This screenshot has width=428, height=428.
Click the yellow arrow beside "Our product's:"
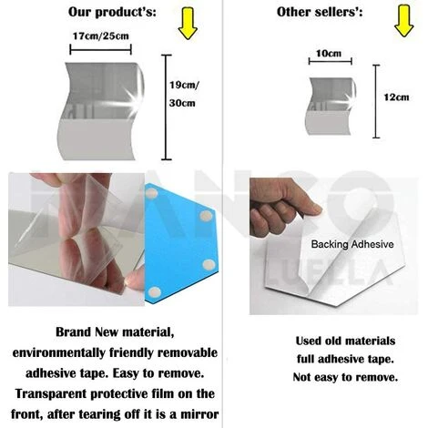point(188,24)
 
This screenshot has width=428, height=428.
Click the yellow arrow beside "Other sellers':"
point(404,21)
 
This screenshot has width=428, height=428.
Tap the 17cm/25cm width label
point(101,36)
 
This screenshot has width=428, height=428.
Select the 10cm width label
point(329,54)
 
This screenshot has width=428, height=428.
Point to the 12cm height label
point(396,97)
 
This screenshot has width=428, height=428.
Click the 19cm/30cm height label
point(184,94)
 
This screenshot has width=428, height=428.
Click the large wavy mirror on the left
point(101,111)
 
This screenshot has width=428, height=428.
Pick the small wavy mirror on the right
point(331,106)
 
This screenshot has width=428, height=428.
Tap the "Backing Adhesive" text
point(352,244)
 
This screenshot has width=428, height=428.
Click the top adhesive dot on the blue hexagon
point(151,193)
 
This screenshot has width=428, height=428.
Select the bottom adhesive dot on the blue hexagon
point(154,292)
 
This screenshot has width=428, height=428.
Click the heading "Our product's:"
point(112,13)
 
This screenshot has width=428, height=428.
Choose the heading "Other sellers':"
point(320,12)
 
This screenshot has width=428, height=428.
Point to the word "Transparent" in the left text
point(51,393)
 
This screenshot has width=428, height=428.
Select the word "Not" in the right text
point(302,377)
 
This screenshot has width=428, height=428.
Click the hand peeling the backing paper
point(282,208)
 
